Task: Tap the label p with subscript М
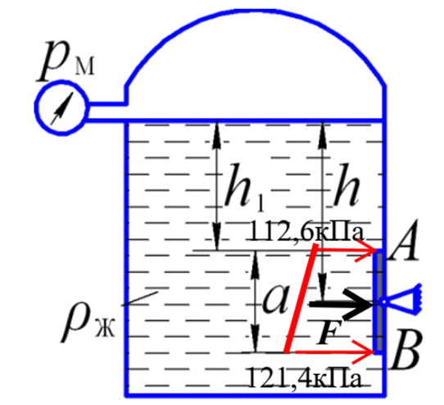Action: (66, 60)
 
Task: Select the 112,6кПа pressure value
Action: (306, 234)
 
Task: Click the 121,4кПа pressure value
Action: (306, 378)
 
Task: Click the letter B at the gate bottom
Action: (406, 349)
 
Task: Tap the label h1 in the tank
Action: (245, 186)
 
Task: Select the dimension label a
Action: (276, 299)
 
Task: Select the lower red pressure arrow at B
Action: (334, 353)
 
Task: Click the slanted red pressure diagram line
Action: (301, 298)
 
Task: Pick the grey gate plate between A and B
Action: (379, 302)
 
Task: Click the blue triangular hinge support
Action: (401, 300)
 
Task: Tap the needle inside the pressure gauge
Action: (62, 108)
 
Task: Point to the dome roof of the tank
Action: (255, 11)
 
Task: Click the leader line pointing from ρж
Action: (140, 298)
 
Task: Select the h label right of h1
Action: (347, 184)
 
